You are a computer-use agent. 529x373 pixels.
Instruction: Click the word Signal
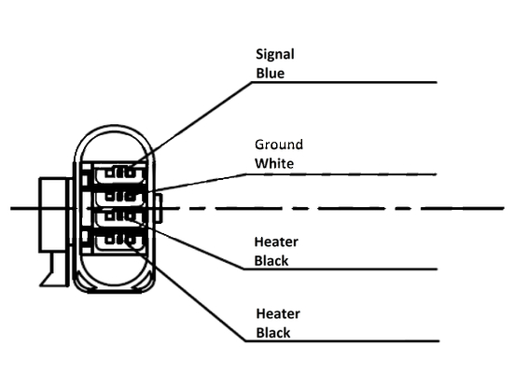tap(274, 55)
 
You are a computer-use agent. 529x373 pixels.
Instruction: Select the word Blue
tap(270, 73)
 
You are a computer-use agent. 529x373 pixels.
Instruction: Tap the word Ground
tap(279, 145)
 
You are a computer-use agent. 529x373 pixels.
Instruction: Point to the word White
tap(274, 163)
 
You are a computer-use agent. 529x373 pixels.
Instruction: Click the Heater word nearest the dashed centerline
tap(276, 242)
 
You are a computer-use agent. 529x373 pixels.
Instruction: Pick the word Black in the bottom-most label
tap(273, 333)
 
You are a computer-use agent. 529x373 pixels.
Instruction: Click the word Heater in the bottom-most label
tap(278, 313)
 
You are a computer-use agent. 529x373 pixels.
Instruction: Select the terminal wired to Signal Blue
tap(120, 173)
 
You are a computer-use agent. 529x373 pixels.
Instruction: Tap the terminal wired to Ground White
tap(120, 196)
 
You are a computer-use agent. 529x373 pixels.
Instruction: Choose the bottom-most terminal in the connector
tap(120, 241)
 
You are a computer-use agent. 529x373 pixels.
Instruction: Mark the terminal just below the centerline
tap(120, 217)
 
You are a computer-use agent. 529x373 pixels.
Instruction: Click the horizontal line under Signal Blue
tap(344, 82)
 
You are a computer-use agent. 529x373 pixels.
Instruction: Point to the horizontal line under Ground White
tap(341, 174)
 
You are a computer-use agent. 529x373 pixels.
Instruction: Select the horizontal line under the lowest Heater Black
tap(342, 341)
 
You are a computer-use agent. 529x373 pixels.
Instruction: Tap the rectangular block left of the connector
tap(54, 214)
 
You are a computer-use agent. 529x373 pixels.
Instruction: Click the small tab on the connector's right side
tap(159, 208)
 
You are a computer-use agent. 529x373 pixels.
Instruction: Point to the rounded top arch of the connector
tap(114, 128)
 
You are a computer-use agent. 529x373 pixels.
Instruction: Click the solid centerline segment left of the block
tap(24, 209)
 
